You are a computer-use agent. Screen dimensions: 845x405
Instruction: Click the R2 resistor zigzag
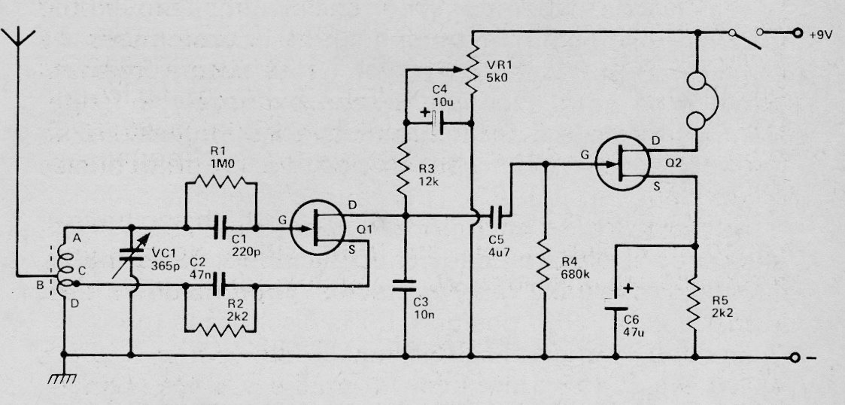pos(220,329)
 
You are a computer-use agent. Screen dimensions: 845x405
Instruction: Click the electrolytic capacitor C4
pos(438,123)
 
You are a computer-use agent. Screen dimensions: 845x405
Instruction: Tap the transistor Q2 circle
pos(623,163)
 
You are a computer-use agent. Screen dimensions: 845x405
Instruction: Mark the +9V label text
pos(821,35)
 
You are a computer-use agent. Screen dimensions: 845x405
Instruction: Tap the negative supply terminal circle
pos(795,357)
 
